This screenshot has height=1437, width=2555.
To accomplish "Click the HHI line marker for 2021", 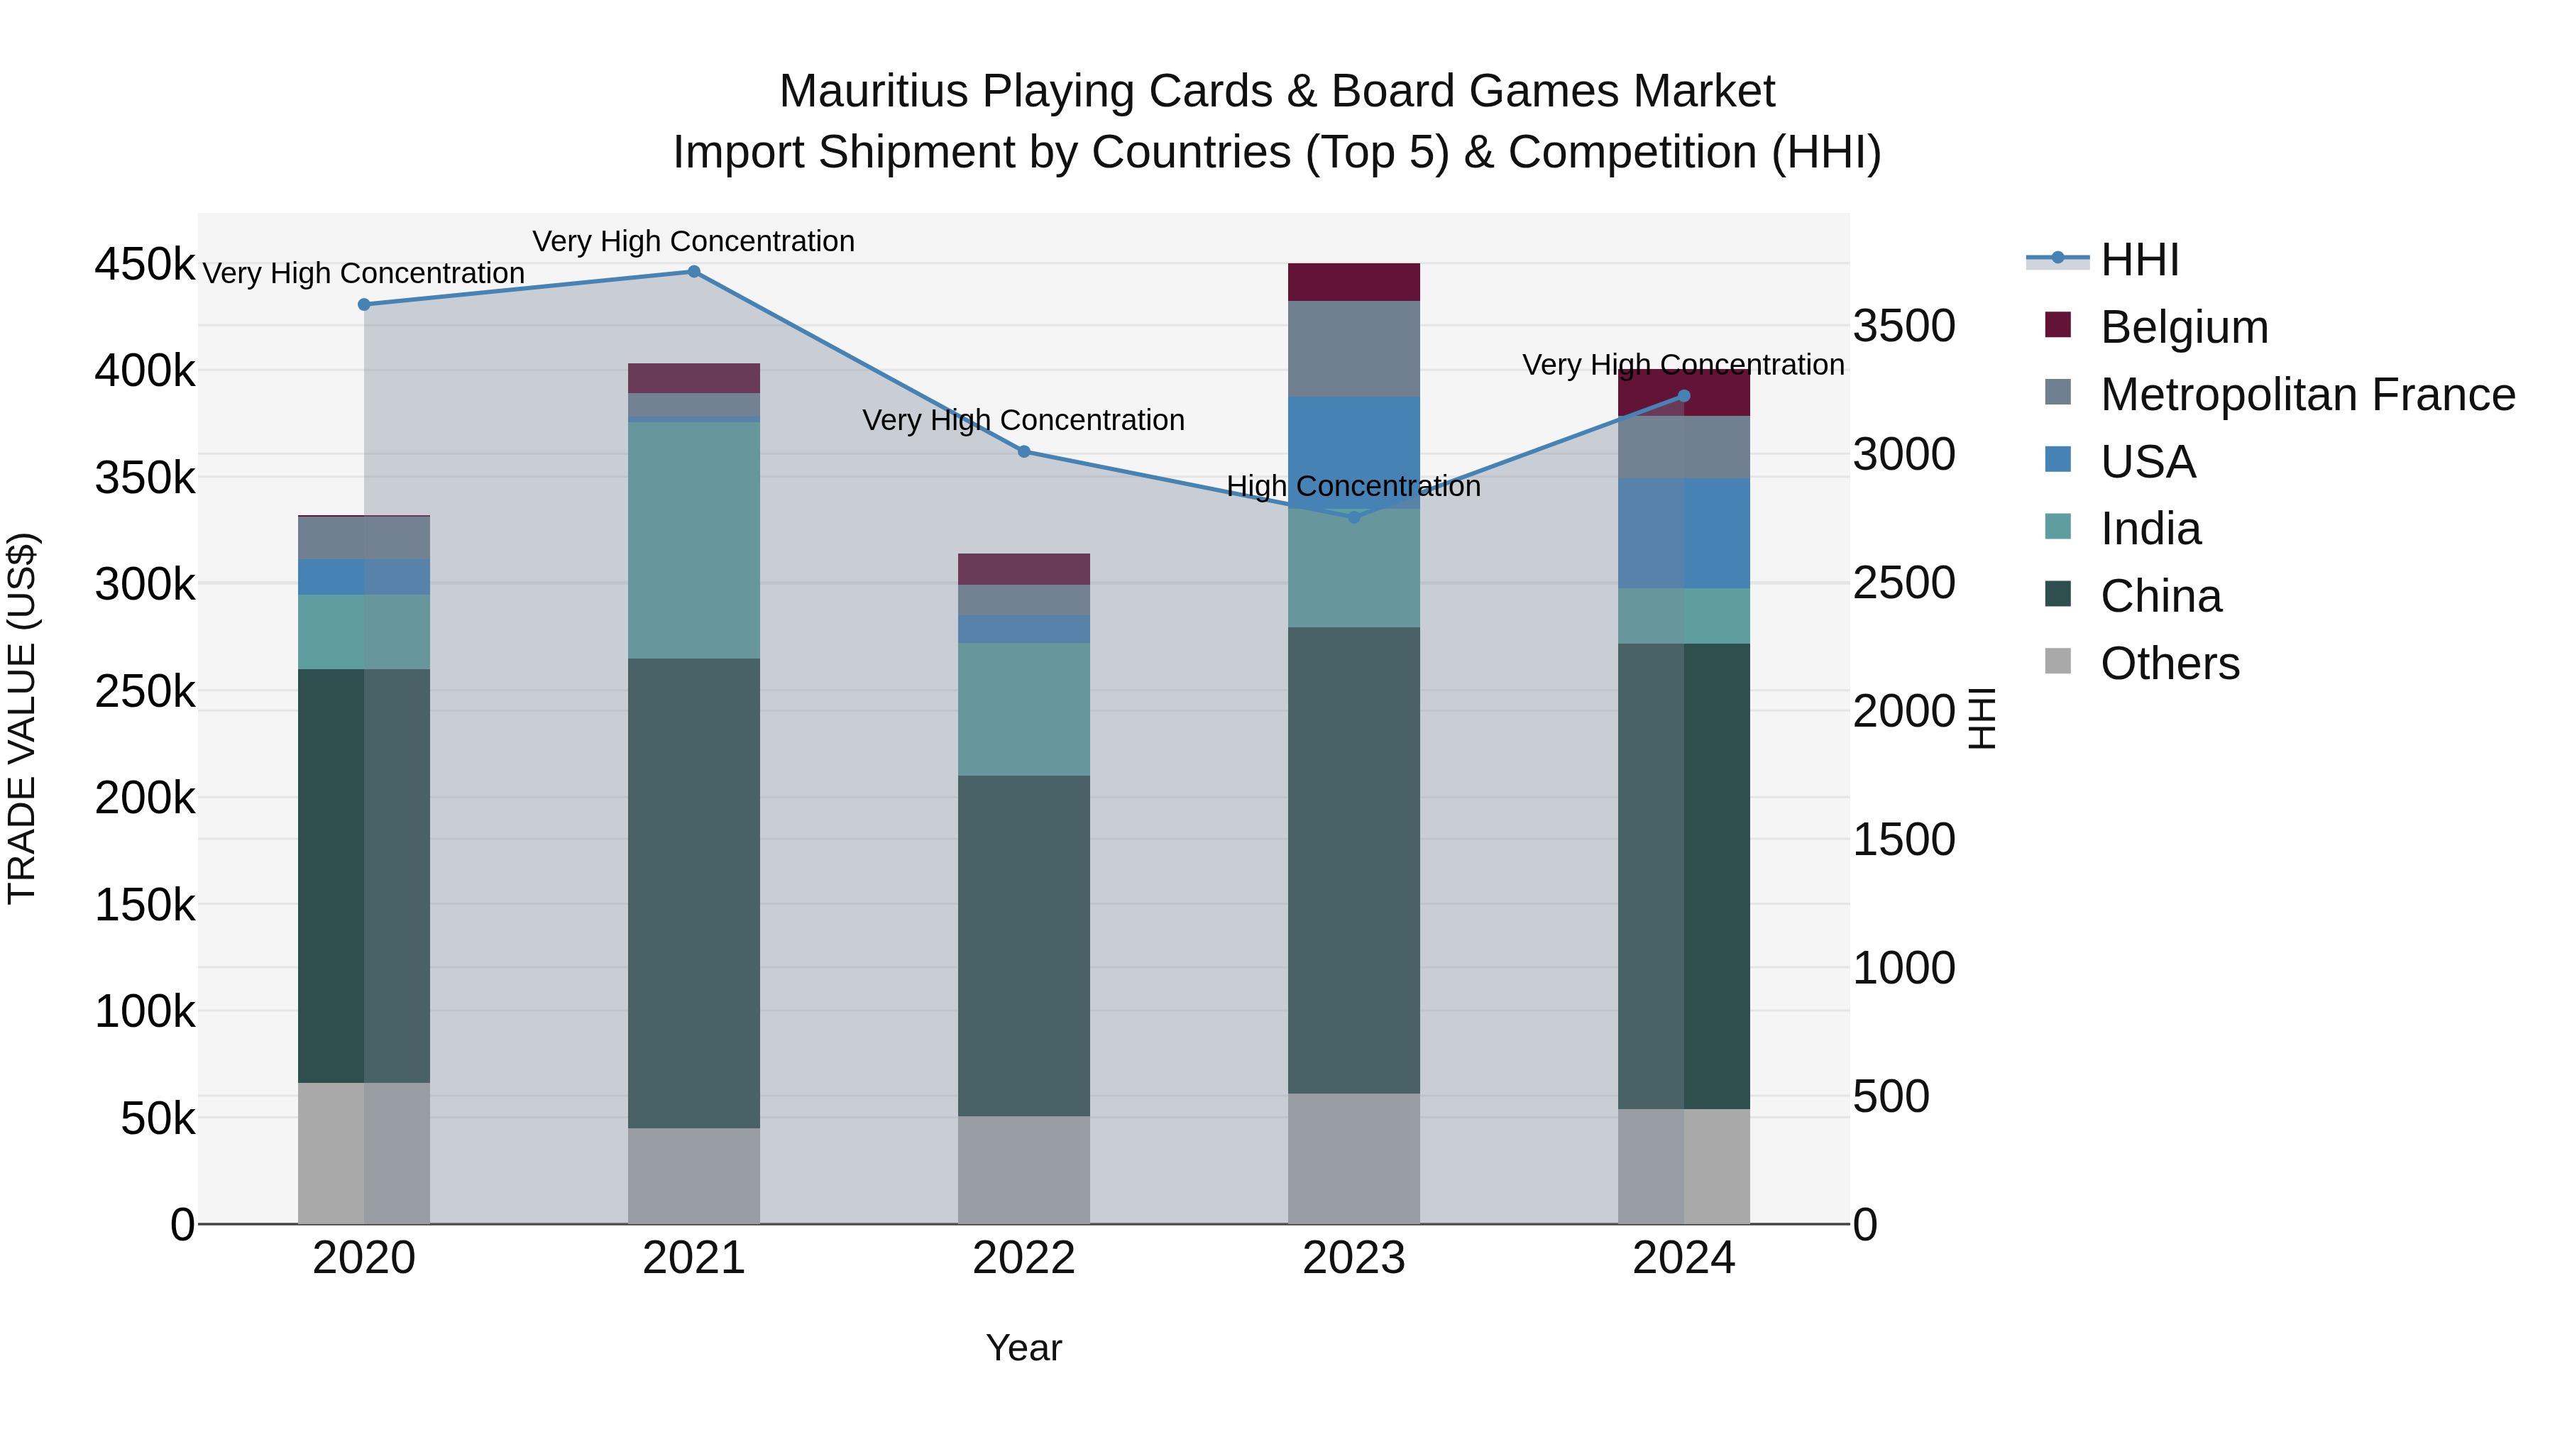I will [x=694, y=272].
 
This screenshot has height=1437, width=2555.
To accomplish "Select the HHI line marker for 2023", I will [x=1354, y=517].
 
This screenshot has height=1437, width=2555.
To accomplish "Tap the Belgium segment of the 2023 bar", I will [x=1354, y=282].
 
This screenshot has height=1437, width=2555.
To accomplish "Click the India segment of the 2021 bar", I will [x=694, y=541].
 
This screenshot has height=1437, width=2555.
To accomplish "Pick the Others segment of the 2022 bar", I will [x=1023, y=1169].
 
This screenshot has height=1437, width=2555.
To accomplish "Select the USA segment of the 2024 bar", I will [x=1684, y=534].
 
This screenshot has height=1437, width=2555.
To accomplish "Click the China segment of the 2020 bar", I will [x=364, y=876].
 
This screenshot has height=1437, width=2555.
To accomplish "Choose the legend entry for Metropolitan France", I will [x=2307, y=395].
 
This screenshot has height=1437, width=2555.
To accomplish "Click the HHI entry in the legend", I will [x=2138, y=260].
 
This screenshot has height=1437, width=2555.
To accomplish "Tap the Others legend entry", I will [x=2169, y=664].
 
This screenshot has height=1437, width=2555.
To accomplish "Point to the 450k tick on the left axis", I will [x=145, y=265].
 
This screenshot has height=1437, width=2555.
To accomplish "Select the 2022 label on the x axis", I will [x=1023, y=1258].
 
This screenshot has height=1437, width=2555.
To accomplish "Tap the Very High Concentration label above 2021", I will [x=693, y=241].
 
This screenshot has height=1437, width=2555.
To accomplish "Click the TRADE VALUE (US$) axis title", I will [x=23, y=718].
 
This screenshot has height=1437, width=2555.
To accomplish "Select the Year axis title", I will [x=1023, y=1348].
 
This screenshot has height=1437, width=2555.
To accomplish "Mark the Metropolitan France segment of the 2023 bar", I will [x=1354, y=349].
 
